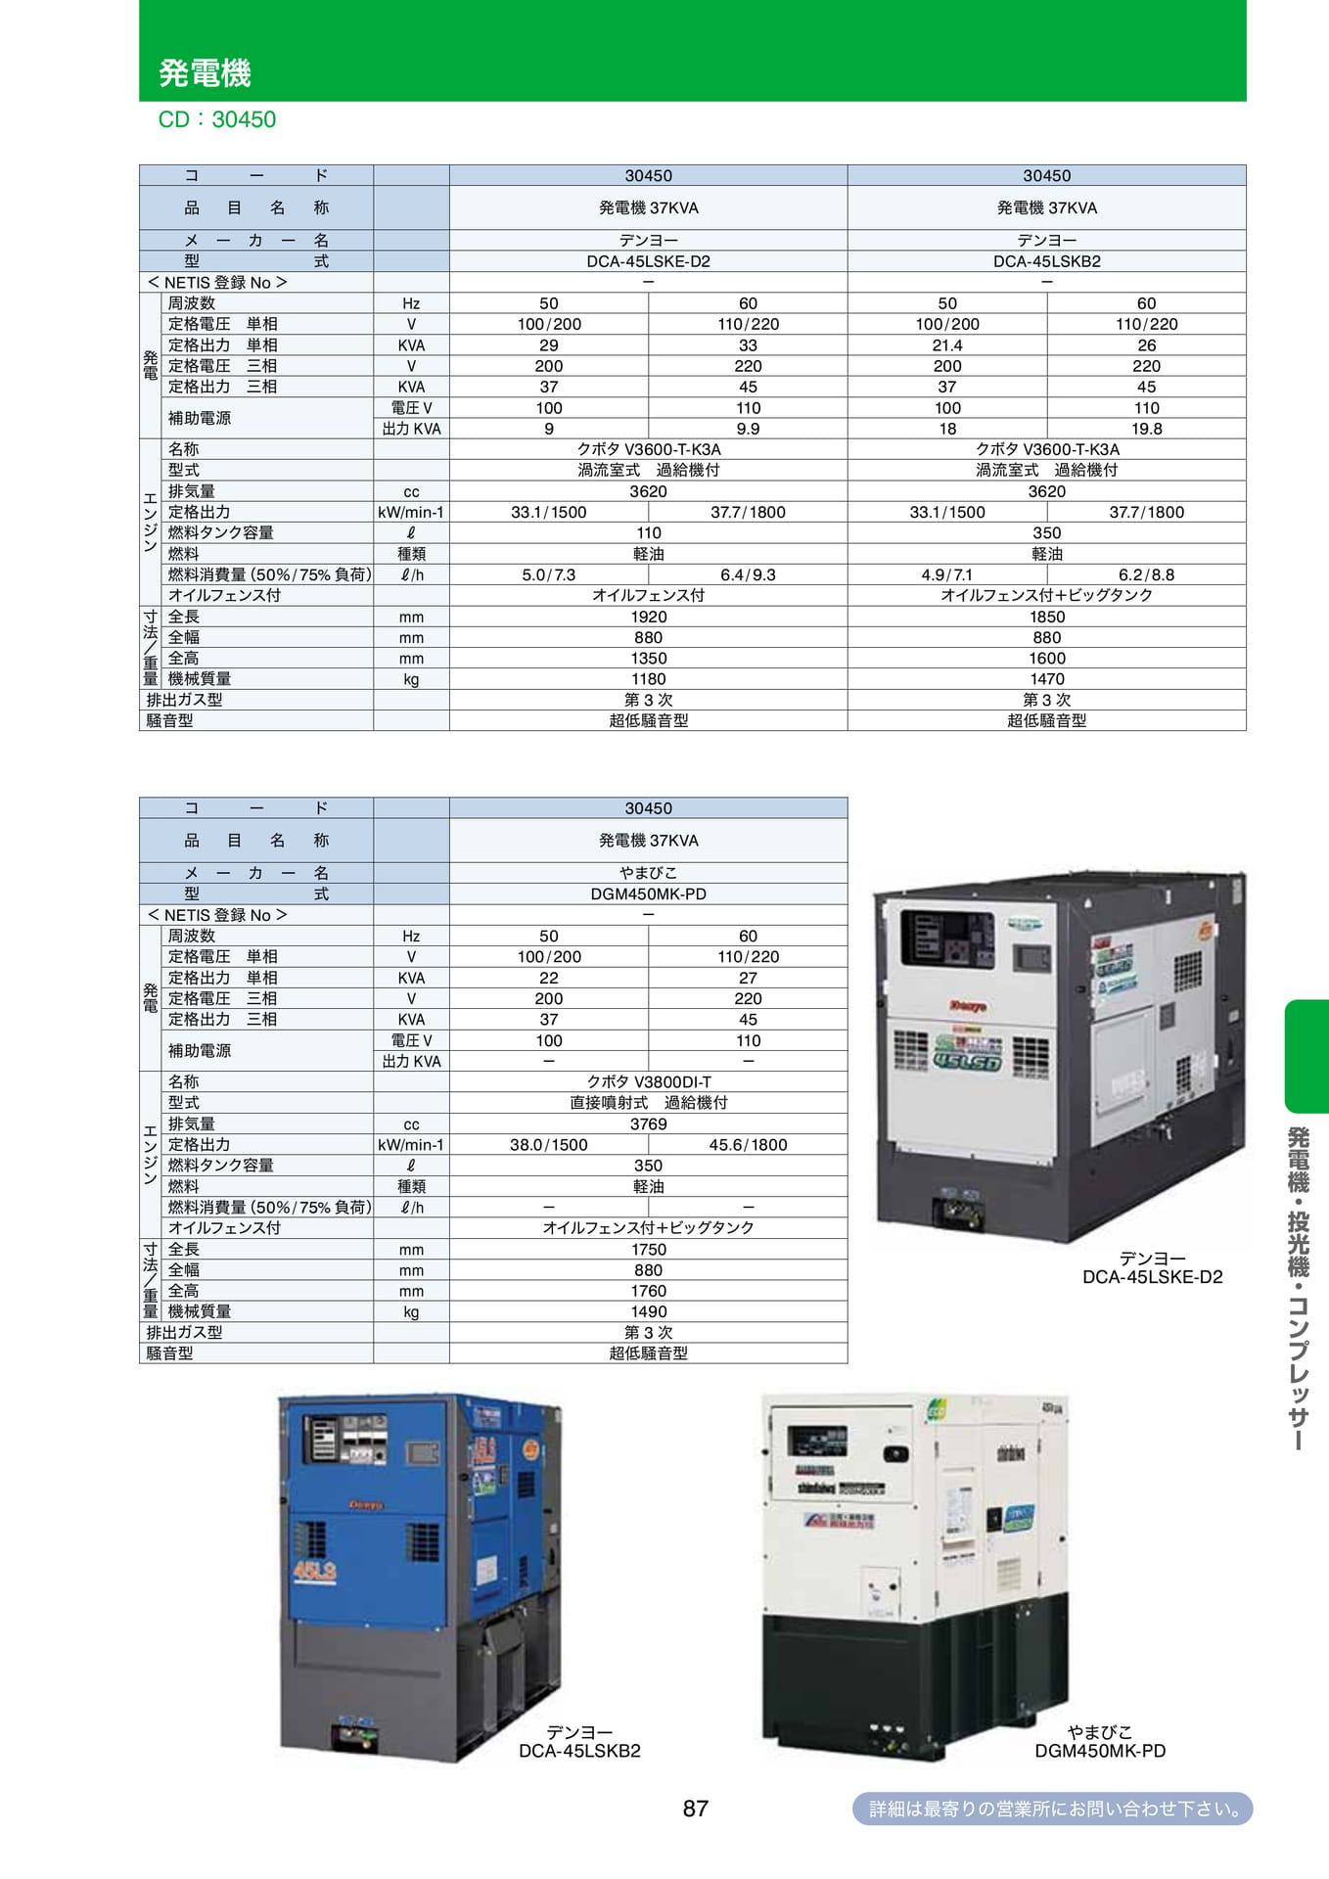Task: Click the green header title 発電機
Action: [x=205, y=72]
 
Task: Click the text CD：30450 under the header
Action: [x=217, y=119]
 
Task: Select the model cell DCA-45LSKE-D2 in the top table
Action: [x=648, y=261]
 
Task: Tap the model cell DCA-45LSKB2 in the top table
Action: [x=1046, y=261]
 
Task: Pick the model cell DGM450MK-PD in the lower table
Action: [x=648, y=894]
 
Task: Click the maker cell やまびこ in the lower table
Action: [x=648, y=872]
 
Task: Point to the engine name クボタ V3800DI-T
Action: [x=648, y=1081]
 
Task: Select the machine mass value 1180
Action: [x=648, y=679]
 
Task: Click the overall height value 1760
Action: [x=648, y=1291]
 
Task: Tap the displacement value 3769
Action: [x=648, y=1123]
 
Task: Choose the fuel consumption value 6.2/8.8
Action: [x=1146, y=574]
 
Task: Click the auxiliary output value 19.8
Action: [x=1146, y=429]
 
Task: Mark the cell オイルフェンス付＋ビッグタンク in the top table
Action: [x=1046, y=595]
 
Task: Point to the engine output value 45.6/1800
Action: [x=748, y=1145]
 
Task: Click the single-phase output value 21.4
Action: [x=947, y=345]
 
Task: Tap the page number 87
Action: [x=696, y=1809]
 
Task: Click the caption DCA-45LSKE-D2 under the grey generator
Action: [x=1152, y=1277]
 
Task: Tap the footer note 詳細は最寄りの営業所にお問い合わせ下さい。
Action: [x=1053, y=1809]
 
